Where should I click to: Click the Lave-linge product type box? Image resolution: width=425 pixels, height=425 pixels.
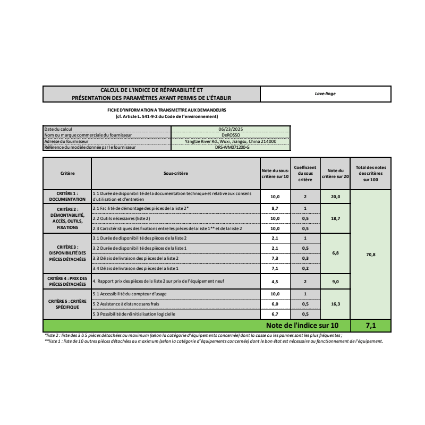point(325,93)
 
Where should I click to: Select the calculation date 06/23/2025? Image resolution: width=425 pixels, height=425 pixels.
point(230,129)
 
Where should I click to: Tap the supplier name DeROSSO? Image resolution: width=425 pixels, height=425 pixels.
point(230,135)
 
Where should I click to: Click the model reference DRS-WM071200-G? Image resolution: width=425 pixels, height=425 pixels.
point(230,147)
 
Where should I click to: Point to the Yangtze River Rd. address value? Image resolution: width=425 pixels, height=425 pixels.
point(230,141)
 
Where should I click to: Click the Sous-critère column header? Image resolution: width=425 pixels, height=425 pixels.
point(175,173)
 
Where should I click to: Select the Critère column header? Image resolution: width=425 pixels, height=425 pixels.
point(67,173)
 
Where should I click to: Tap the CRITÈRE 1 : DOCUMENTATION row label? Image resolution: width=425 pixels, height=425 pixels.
point(67,196)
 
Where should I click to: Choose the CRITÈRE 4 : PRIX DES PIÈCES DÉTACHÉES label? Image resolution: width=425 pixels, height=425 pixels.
point(67,281)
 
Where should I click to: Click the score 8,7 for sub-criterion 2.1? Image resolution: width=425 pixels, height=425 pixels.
point(275,208)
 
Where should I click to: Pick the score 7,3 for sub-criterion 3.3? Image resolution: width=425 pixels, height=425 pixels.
point(275,258)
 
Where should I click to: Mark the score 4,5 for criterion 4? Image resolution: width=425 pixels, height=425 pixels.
point(275,281)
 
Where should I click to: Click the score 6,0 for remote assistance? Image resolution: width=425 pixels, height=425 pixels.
point(275,304)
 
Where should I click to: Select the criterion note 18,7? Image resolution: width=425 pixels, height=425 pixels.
point(336,218)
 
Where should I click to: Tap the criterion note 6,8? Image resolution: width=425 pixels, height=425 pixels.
point(336,253)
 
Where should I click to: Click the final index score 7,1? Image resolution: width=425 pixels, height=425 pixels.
point(371,325)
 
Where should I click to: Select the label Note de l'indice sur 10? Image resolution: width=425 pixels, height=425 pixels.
point(301,325)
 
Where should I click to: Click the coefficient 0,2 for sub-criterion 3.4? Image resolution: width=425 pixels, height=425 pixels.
point(305,268)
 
